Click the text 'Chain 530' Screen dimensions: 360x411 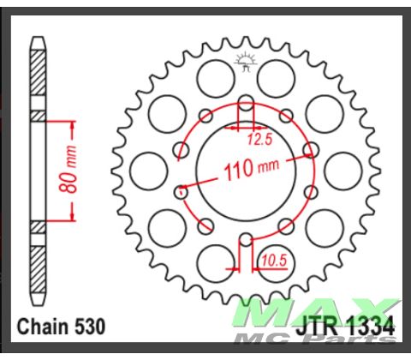tap(60, 327)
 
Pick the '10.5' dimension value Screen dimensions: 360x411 tap(273, 257)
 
